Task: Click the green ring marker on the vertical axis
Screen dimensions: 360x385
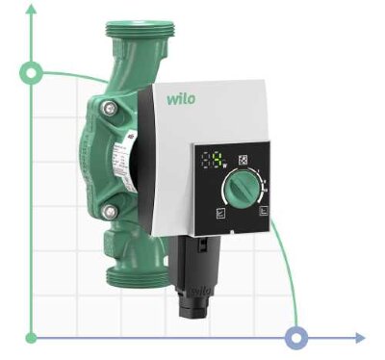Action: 32,72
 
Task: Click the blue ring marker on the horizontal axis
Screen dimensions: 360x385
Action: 297,337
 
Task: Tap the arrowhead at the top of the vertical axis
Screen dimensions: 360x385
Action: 32,13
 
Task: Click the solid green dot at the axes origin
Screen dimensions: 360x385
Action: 32,337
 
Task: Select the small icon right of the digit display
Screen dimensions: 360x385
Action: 241,158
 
